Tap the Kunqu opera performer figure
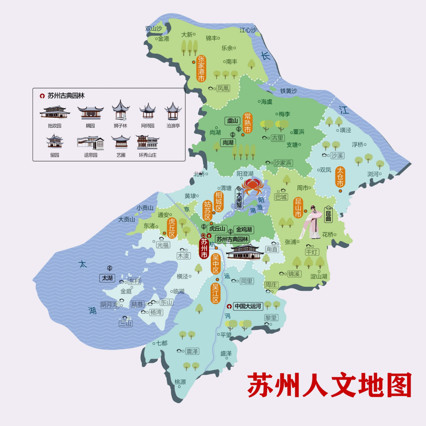pyautogui.click(x=311, y=222)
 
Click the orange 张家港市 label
pyautogui.click(x=201, y=68)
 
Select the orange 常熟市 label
pyautogui.click(x=248, y=123)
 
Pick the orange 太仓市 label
pyautogui.click(x=340, y=177)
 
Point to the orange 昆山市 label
pyautogui.click(x=298, y=207)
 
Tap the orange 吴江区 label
pyautogui.click(x=216, y=291)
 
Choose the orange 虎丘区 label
pyautogui.click(x=172, y=228)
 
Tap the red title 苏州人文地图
pyautogui.click(x=330, y=386)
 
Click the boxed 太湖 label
pyautogui.click(x=106, y=278)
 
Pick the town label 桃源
pyautogui.click(x=180, y=382)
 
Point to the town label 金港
pyautogui.click(x=163, y=39)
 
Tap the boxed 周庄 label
pyautogui.click(x=271, y=285)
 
